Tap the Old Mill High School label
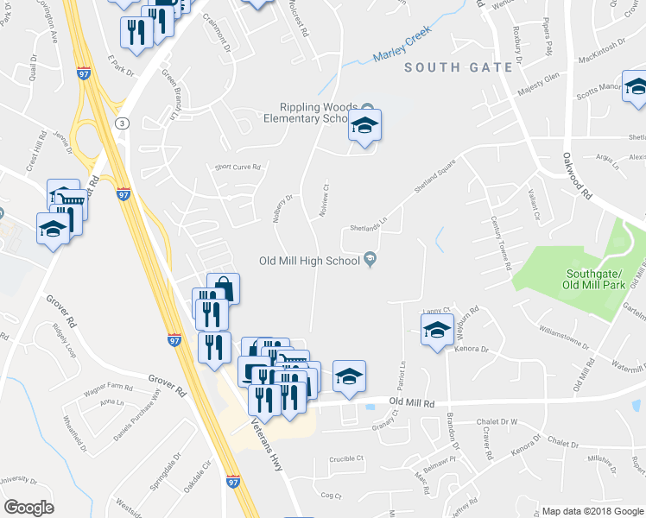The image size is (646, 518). (309, 260)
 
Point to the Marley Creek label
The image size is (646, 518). (401, 49)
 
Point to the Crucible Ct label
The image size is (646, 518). (347, 458)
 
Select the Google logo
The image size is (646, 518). (28, 507)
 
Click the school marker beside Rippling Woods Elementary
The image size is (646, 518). (364, 125)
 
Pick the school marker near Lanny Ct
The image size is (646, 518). (437, 330)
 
